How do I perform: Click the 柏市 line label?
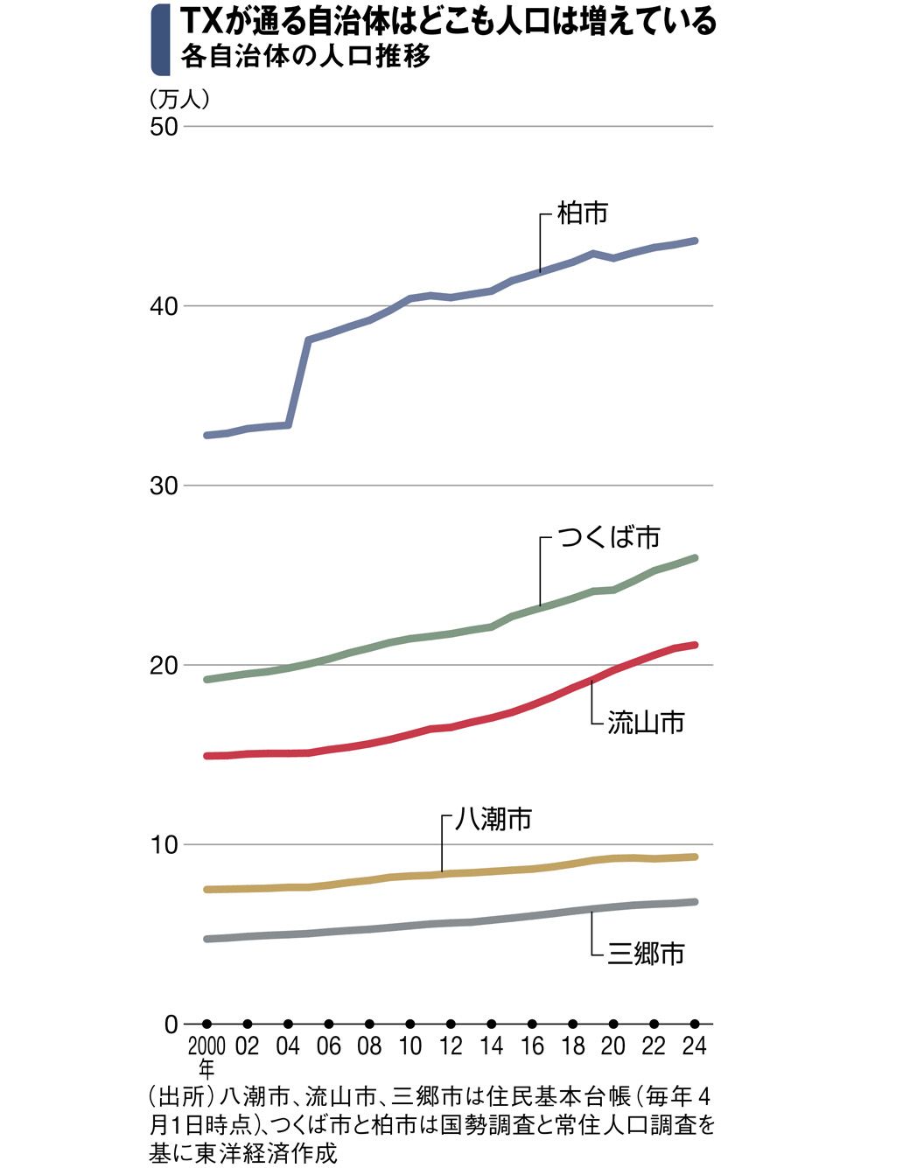582,213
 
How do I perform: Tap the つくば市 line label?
609,536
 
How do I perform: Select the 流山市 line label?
646,723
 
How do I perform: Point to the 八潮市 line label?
493,819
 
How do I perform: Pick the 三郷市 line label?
646,953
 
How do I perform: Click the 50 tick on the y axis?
164,126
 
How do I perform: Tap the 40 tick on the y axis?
164,306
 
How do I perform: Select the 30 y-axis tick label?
164,486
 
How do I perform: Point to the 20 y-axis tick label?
164,665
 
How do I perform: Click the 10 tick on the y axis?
164,844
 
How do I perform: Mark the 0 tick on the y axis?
171,1025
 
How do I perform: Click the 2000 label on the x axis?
206,1046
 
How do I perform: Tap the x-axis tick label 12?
451,1046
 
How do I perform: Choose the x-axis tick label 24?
694,1046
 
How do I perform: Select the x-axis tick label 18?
572,1046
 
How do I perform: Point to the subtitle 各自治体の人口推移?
305,57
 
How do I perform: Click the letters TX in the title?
202,21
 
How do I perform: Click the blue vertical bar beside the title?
159,39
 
